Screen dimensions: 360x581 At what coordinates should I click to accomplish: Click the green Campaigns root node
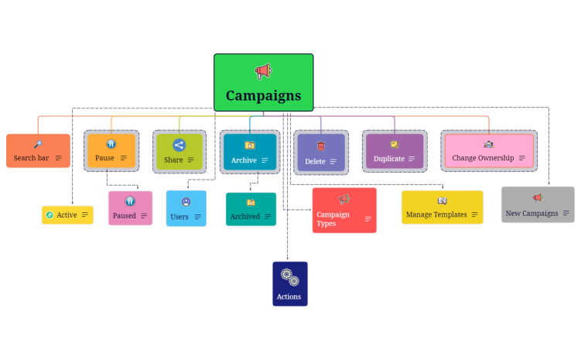click(x=263, y=83)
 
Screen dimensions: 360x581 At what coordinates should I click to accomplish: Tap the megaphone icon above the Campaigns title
click(x=263, y=71)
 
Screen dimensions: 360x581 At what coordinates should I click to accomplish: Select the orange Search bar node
click(x=38, y=151)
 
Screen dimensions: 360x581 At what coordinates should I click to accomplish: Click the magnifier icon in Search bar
click(x=38, y=144)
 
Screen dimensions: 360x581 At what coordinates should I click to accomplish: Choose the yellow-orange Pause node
click(x=111, y=151)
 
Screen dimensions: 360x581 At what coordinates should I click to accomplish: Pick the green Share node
click(x=179, y=152)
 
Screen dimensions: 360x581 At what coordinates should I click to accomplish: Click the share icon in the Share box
click(x=179, y=145)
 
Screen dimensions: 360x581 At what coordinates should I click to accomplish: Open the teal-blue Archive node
click(x=249, y=152)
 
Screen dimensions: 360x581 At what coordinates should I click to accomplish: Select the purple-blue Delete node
click(x=320, y=153)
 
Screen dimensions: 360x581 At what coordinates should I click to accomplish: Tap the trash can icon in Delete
click(x=320, y=145)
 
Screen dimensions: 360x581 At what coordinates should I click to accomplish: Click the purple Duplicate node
click(x=395, y=152)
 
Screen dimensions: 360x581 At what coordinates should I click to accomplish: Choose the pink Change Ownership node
click(x=489, y=151)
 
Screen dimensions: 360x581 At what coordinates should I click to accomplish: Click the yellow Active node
click(x=67, y=214)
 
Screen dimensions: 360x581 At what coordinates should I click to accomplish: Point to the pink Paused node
click(x=130, y=208)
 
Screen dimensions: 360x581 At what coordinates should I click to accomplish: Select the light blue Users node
click(x=186, y=208)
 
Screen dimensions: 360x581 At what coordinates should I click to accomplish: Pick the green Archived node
click(x=251, y=209)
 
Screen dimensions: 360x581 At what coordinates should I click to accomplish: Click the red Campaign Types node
click(x=344, y=211)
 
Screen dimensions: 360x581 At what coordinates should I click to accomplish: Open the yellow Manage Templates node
click(x=442, y=207)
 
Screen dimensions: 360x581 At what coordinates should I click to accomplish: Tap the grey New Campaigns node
click(x=538, y=205)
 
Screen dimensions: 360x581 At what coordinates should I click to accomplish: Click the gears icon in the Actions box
click(x=290, y=276)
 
